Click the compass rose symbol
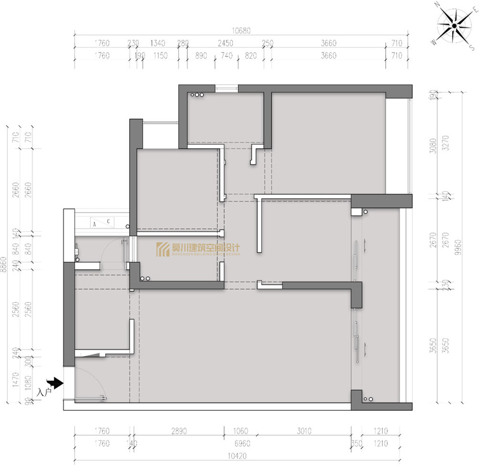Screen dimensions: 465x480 454,26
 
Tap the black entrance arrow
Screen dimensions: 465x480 55,382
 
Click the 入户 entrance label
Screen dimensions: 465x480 44,392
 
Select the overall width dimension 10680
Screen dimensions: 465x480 241,30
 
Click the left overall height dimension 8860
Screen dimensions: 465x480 4,264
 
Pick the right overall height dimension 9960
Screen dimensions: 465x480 458,247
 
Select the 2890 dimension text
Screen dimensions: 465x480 179,431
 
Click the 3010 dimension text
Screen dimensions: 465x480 304,431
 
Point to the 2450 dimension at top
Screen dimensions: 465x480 225,43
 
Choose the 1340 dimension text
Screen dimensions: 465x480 158,43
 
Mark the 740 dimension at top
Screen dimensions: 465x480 227,56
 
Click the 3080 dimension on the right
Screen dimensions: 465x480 433,146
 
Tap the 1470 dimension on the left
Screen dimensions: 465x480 16,380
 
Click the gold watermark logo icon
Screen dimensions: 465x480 163,249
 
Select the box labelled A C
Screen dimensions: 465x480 102,222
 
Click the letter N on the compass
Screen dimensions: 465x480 438,5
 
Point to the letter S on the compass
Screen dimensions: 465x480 472,48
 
